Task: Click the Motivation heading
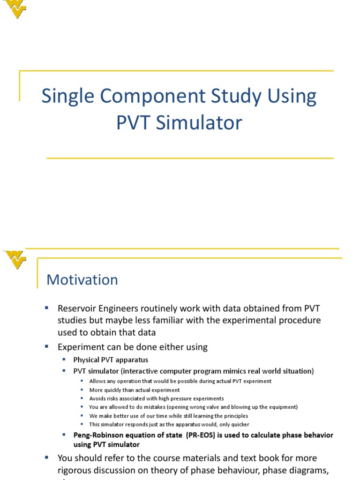pos(82,280)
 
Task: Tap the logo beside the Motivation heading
pos(15,260)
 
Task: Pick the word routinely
pos(166,308)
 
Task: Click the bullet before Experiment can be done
pos(47,346)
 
